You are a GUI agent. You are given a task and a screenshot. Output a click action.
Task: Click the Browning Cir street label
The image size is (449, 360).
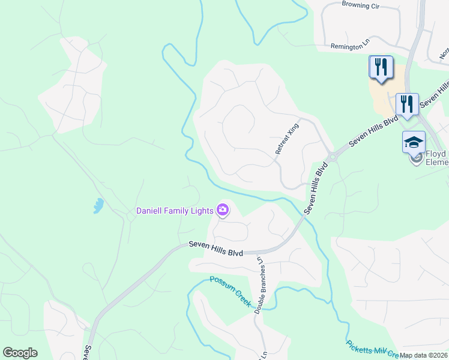(362, 4)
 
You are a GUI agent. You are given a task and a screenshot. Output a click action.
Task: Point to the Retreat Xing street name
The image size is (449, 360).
(287, 140)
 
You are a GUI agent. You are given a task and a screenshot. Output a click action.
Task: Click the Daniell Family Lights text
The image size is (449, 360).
(175, 211)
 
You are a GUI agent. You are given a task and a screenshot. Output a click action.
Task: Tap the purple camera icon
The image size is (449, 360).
(223, 209)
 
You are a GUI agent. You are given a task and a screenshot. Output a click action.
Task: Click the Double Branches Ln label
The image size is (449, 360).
(261, 285)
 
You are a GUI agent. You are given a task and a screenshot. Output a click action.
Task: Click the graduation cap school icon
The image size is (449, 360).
(414, 143)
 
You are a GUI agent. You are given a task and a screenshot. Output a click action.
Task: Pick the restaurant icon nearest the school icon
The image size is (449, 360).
(407, 104)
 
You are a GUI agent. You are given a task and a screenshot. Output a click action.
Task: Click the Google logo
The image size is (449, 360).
(20, 353)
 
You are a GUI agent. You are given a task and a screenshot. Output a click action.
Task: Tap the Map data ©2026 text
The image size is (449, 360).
(423, 355)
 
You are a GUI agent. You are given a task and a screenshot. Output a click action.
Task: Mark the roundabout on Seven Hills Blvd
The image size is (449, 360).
(331, 157)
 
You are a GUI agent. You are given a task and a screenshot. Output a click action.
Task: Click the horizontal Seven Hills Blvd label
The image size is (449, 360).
(215, 249)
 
